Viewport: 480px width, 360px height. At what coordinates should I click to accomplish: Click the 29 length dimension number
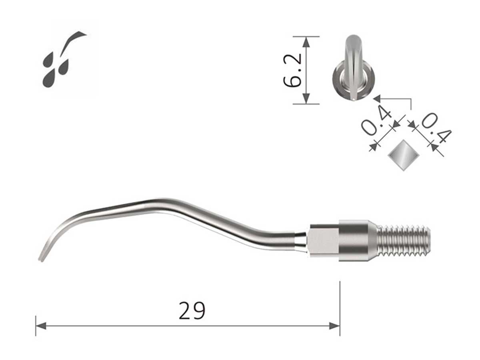pyautogui.click(x=192, y=311)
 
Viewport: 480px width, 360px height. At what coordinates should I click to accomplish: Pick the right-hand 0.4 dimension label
pyautogui.click(x=436, y=128)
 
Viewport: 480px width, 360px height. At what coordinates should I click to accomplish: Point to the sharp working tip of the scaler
pyautogui.click(x=40, y=259)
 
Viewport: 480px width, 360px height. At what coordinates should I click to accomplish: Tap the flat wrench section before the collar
pyautogui.click(x=323, y=240)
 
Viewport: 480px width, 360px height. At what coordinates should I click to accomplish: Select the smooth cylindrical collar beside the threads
pyautogui.click(x=354, y=240)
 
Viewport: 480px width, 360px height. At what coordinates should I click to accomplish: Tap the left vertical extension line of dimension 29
pyautogui.click(x=36, y=326)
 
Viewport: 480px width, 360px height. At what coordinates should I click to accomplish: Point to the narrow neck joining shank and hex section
pyautogui.click(x=301, y=240)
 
